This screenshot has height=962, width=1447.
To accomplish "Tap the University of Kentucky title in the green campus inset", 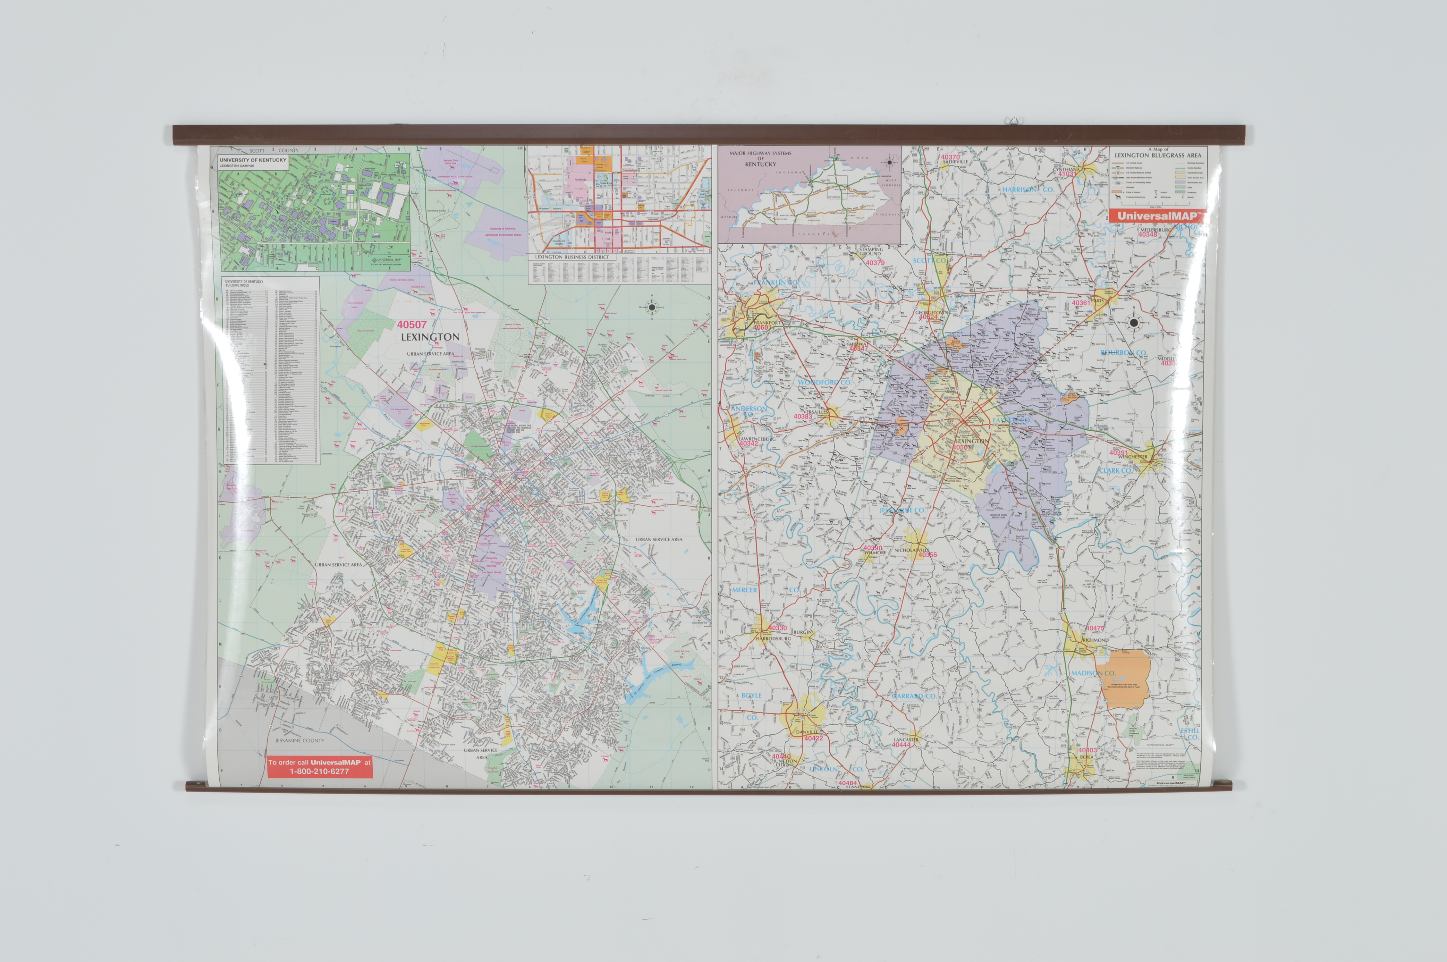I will pyautogui.click(x=253, y=160).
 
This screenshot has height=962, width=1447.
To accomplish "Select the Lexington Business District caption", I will pyautogui.click(x=572, y=257).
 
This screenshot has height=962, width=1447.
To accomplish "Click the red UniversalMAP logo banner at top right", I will pyautogui.click(x=1156, y=216).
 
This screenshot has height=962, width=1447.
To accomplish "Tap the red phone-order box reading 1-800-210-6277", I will pyautogui.click(x=320, y=767).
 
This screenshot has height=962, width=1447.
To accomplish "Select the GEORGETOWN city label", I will pyautogui.click(x=931, y=312).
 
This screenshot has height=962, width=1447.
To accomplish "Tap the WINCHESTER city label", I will pyautogui.click(x=1132, y=457).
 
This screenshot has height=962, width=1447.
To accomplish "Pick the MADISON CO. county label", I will pyautogui.click(x=1093, y=673).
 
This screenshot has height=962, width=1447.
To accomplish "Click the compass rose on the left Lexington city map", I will pyautogui.click(x=651, y=308).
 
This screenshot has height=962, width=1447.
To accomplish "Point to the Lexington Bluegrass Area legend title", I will pyautogui.click(x=1157, y=155).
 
